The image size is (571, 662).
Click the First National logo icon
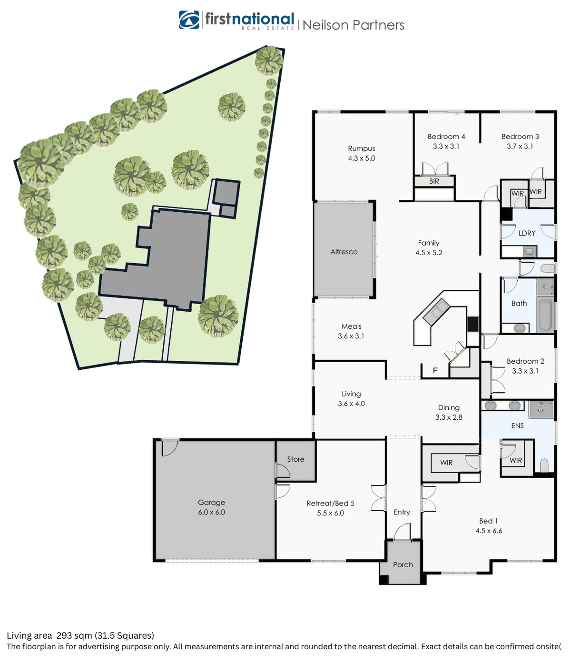(x=189, y=20)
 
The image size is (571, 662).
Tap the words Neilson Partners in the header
(x=353, y=25)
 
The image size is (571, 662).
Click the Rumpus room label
(x=361, y=148)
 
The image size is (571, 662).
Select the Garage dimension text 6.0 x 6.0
(x=211, y=513)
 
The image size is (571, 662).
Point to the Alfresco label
(x=344, y=252)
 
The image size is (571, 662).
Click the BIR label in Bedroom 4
(x=434, y=181)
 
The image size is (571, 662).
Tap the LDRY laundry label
(x=527, y=233)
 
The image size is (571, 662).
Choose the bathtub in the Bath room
(x=545, y=314)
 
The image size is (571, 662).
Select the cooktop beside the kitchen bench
(x=473, y=324)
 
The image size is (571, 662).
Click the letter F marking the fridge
(x=435, y=371)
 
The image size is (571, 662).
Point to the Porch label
(x=403, y=565)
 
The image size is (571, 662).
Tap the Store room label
(x=295, y=459)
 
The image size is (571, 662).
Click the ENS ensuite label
(x=517, y=426)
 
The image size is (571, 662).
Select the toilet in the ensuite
(x=544, y=464)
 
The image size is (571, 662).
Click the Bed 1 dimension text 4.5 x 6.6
(x=489, y=531)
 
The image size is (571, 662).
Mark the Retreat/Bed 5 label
(x=330, y=504)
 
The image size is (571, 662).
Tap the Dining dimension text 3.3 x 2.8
(x=449, y=417)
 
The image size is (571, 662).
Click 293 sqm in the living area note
(x=74, y=635)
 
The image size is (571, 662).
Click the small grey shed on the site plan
(x=226, y=193)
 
